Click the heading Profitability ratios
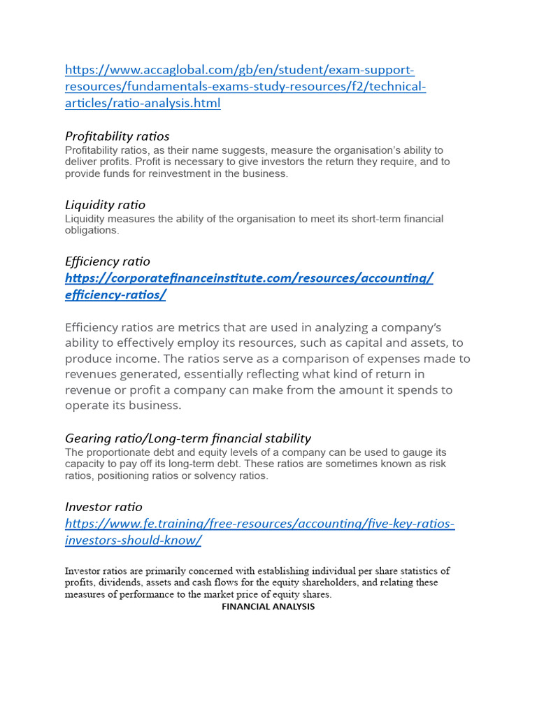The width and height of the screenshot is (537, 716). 117,136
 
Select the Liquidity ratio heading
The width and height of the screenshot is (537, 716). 105,205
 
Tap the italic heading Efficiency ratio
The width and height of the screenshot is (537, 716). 107,261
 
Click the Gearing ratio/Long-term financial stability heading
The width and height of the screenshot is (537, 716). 187,438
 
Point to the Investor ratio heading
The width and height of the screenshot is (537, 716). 103,506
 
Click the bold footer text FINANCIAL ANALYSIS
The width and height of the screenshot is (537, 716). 268,607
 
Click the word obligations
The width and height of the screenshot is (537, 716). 91,230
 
